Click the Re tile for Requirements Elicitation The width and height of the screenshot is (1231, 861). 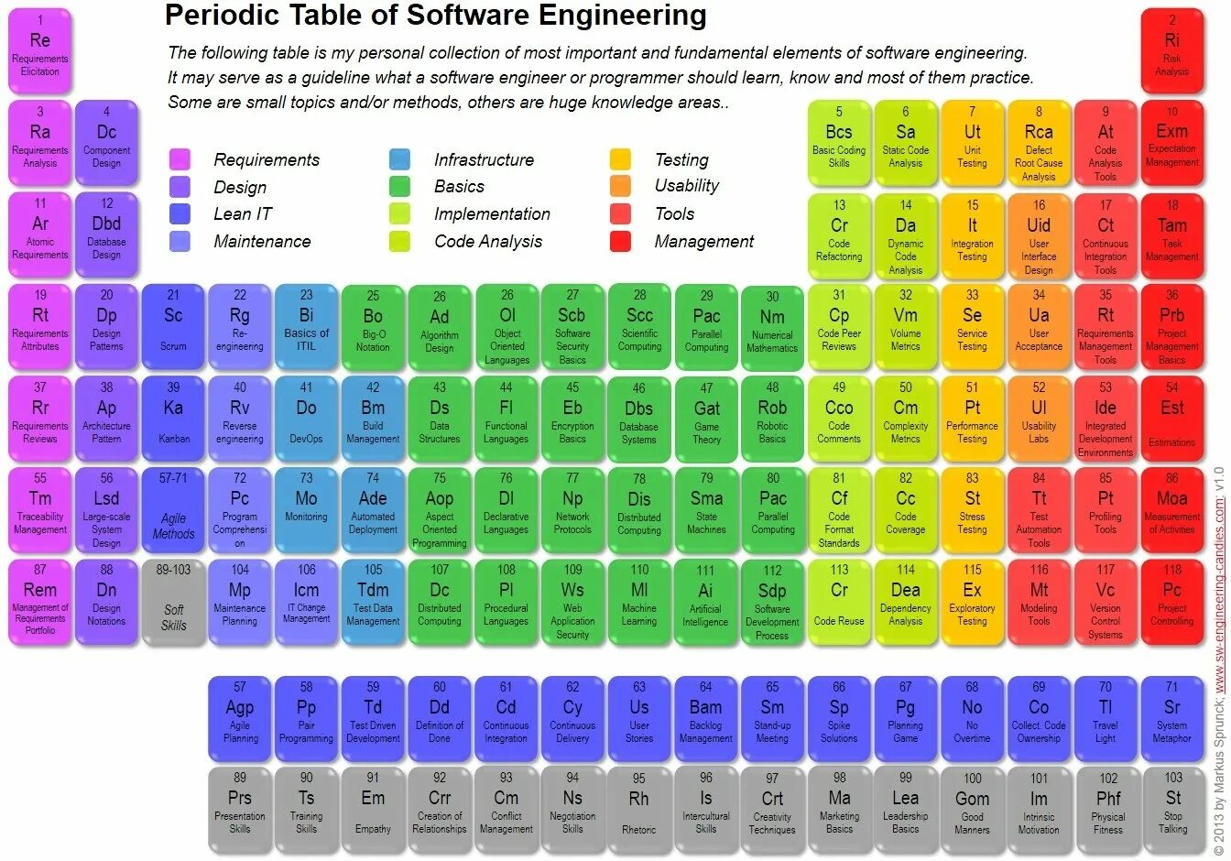[39, 51]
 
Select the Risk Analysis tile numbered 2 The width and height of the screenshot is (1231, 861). [1171, 51]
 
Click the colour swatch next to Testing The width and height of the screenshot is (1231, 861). [620, 159]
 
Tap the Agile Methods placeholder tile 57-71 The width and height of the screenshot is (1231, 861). [173, 510]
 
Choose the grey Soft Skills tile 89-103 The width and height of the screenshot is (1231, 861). [173, 602]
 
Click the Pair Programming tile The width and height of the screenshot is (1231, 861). [306, 719]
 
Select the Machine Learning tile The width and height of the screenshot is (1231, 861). [639, 602]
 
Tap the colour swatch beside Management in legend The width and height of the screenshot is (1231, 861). [620, 242]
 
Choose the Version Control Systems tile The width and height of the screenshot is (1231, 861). [1106, 602]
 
